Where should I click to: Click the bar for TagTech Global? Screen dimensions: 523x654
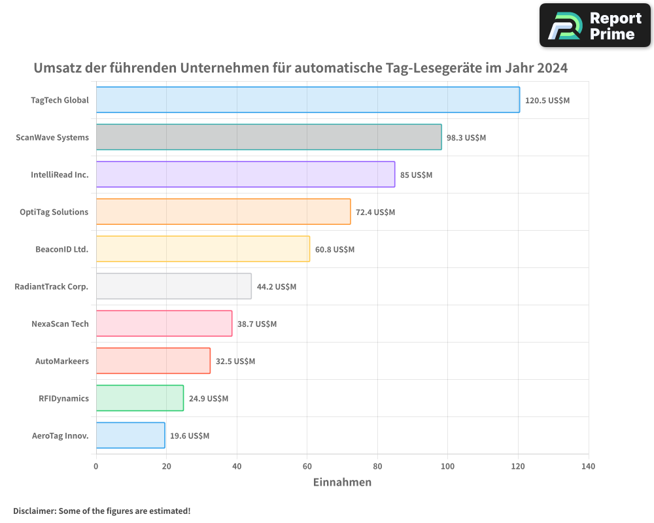[x=307, y=100]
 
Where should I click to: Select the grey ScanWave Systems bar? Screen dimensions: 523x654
[x=268, y=137]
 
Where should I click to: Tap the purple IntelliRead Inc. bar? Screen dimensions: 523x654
[x=245, y=175]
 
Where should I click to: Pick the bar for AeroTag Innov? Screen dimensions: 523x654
[x=130, y=435]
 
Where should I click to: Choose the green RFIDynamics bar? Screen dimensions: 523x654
[x=139, y=398]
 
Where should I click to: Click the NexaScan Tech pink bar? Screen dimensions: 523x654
[x=163, y=324]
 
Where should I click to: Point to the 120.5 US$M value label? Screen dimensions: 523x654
[x=547, y=101]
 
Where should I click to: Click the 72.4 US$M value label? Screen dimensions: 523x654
[x=375, y=212]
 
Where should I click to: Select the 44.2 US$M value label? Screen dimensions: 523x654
[x=276, y=287]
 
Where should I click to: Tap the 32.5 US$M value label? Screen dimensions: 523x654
[x=235, y=362]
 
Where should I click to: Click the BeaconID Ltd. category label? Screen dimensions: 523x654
[x=61, y=249]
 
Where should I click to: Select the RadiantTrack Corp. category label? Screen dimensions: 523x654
[x=51, y=286]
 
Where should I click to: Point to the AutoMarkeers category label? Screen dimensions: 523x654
[x=61, y=361]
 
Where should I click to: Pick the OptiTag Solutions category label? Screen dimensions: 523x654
[x=54, y=212]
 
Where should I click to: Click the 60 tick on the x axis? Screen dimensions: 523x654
[x=307, y=467]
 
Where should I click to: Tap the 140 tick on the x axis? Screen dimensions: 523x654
[x=588, y=467]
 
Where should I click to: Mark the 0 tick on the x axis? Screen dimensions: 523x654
[x=96, y=467]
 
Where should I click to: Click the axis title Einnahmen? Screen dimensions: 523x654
[x=342, y=482]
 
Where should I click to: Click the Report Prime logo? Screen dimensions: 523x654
[x=594, y=25]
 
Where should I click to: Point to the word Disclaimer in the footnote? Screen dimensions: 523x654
[x=34, y=511]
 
